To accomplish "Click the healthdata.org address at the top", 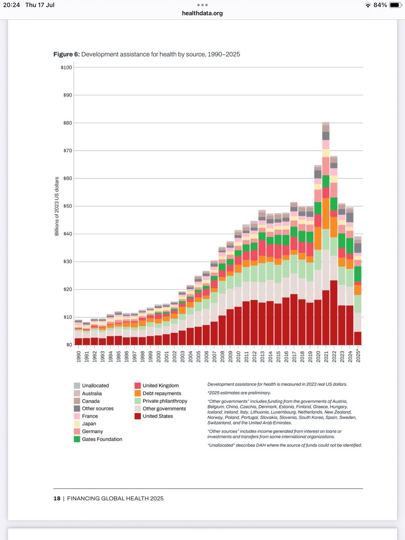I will click(202, 13).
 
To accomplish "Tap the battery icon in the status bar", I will click(394, 5).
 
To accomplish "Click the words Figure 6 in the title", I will click(66, 54).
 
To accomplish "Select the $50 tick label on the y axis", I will click(67, 206).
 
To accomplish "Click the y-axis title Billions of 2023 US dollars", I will click(57, 206).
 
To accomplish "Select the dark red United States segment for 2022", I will click(333, 313).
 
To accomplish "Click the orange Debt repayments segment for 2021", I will click(325, 214).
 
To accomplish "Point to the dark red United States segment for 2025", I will click(358, 338).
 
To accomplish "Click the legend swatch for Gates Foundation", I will click(77, 439).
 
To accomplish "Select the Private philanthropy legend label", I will click(165, 401).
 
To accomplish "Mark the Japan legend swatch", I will click(77, 424).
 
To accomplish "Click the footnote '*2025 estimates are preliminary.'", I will click(239, 393).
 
